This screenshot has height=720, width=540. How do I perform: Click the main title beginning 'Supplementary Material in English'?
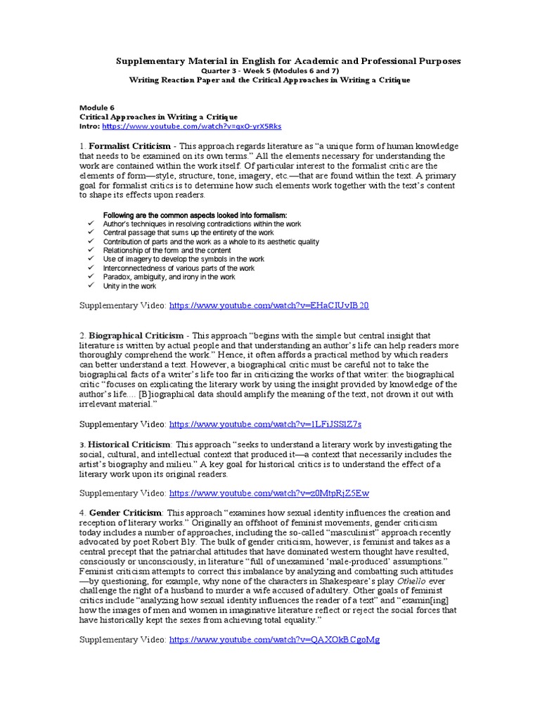[288, 61]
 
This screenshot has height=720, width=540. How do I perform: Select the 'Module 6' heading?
[95, 108]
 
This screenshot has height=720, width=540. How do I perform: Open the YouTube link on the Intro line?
[191, 126]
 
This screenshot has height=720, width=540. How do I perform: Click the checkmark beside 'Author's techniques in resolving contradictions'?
[91, 224]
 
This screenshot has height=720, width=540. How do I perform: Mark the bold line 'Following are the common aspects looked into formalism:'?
[195, 214]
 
